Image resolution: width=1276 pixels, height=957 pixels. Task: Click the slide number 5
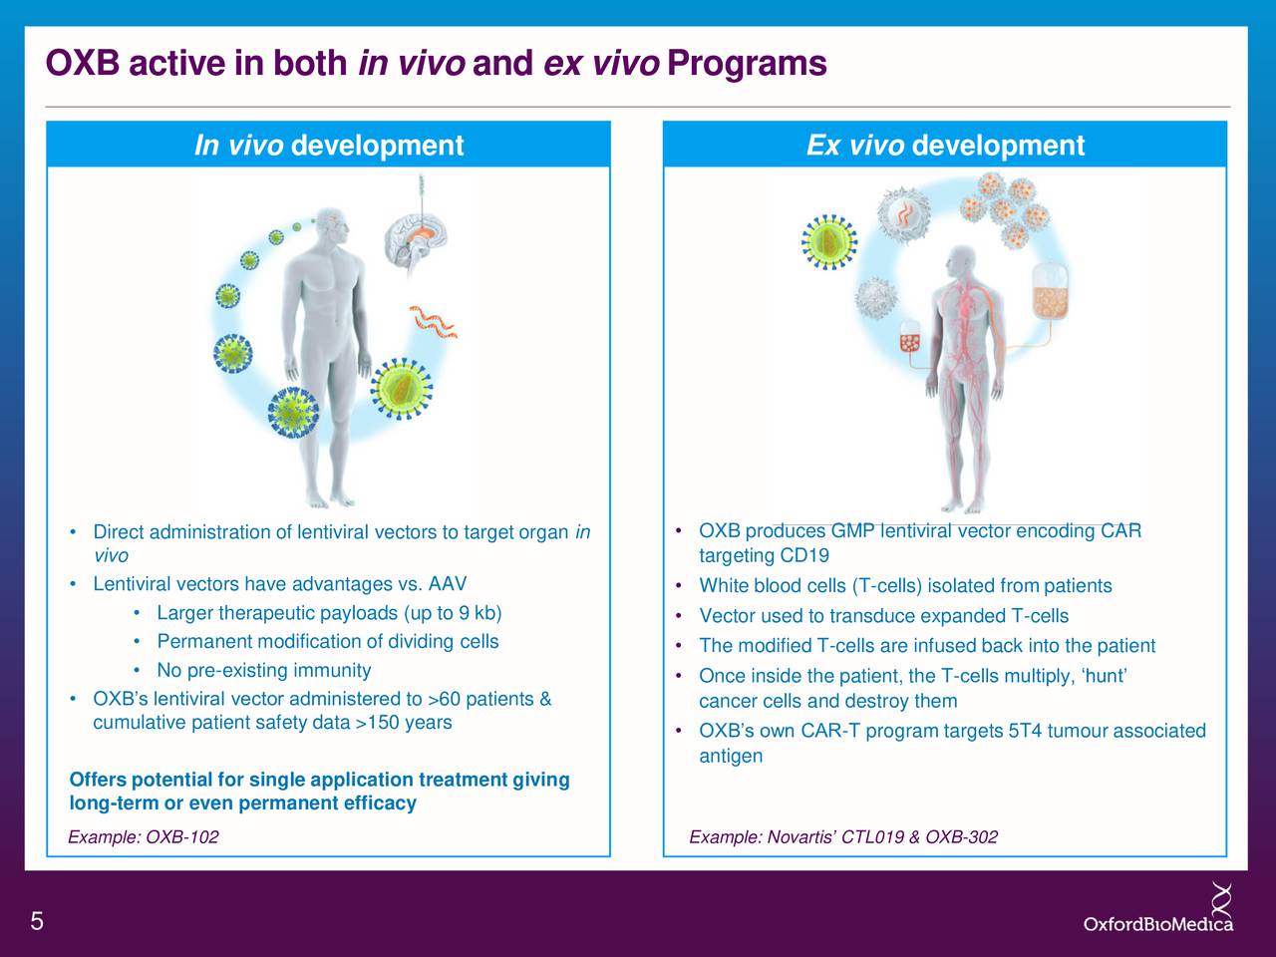tap(37, 921)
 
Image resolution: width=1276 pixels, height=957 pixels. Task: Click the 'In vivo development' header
tap(328, 146)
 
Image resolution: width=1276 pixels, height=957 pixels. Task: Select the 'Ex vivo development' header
tap(944, 146)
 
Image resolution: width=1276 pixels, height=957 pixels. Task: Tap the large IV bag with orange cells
tap(1049, 293)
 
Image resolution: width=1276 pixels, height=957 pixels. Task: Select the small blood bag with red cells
tap(910, 341)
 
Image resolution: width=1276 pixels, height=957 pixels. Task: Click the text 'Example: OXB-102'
tap(144, 836)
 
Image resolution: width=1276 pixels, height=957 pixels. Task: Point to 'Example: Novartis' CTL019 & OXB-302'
tap(843, 836)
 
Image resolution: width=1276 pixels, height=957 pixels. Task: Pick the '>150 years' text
tap(404, 723)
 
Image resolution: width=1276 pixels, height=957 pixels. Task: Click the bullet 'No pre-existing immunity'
tap(263, 670)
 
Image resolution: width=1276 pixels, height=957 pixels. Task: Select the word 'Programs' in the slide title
tap(747, 64)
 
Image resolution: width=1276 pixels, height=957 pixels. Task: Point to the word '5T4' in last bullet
tap(1026, 732)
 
